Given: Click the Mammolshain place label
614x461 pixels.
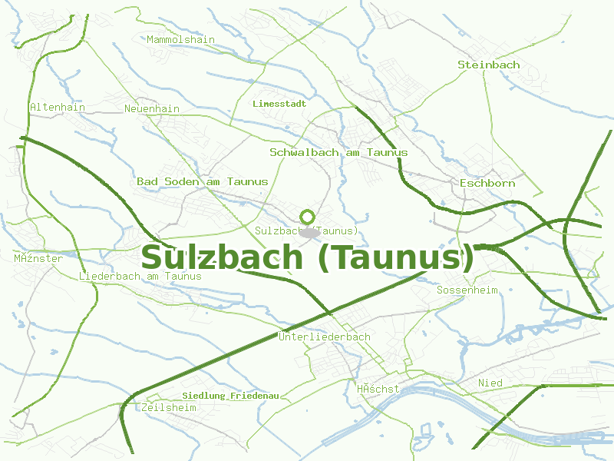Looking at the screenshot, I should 180,39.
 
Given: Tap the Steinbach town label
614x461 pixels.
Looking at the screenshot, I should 488,65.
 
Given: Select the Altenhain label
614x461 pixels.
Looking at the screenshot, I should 58,107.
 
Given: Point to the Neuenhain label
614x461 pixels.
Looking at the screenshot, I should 152,108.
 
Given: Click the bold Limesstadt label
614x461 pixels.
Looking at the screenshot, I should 279,103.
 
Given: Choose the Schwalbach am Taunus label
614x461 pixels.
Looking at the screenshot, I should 338,152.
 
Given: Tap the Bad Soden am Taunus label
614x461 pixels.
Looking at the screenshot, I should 203,181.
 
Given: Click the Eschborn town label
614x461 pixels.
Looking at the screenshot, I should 487,183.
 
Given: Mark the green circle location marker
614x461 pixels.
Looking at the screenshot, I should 308,217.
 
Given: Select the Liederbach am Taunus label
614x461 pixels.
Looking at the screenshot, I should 140,276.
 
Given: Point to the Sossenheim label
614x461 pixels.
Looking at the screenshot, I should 467,290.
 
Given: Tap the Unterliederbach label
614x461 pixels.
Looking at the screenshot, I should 325,337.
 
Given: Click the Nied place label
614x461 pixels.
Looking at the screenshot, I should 490,383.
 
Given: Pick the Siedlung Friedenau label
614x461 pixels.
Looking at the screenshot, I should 230,396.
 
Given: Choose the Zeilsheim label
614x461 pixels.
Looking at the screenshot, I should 169,407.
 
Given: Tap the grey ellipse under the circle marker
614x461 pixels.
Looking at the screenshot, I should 308,232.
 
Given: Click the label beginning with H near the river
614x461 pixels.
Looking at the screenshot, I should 378,389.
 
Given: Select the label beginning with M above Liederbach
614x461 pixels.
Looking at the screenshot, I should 38,258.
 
